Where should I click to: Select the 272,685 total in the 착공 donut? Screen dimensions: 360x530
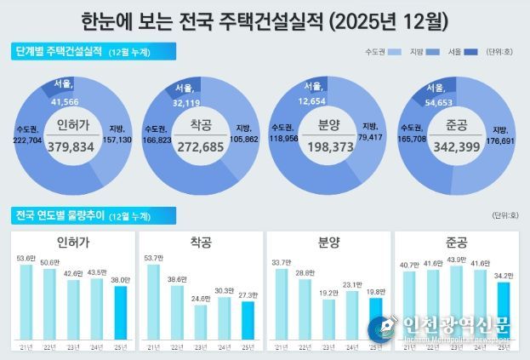pos(202,146)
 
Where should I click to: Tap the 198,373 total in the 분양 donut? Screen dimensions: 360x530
pos(328,146)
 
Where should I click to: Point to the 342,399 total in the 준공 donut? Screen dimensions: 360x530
pos(456,146)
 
